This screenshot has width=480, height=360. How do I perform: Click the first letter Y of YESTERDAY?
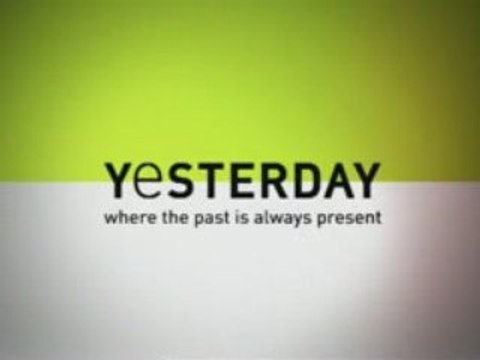(117, 179)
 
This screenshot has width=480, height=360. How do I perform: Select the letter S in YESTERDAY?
(178, 180)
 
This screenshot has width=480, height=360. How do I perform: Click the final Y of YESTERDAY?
(363, 180)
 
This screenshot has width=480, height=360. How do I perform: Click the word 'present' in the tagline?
(346, 215)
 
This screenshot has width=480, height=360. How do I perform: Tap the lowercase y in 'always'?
(291, 217)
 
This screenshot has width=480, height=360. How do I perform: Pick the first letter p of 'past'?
(190, 217)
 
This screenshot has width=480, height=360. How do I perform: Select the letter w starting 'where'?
(109, 215)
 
